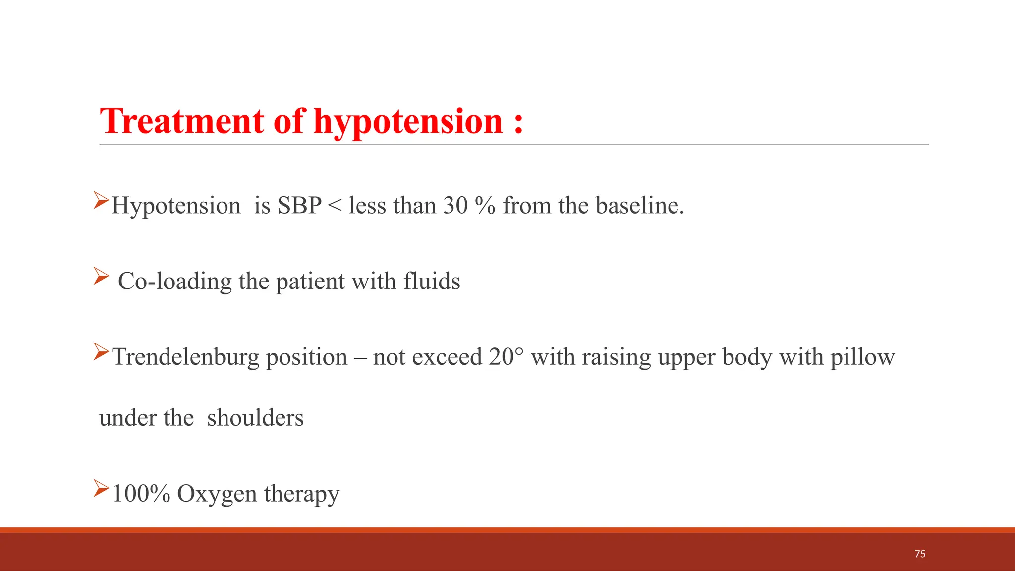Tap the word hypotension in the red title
(408, 122)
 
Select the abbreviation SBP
(299, 206)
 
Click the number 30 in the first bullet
(455, 206)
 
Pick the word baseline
(639, 206)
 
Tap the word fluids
(432, 281)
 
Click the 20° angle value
(506, 357)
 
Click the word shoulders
(255, 418)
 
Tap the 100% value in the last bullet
(141, 494)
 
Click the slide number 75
(920, 554)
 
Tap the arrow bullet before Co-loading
(101, 276)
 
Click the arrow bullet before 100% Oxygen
(101, 489)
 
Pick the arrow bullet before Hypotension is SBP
(101, 200)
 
